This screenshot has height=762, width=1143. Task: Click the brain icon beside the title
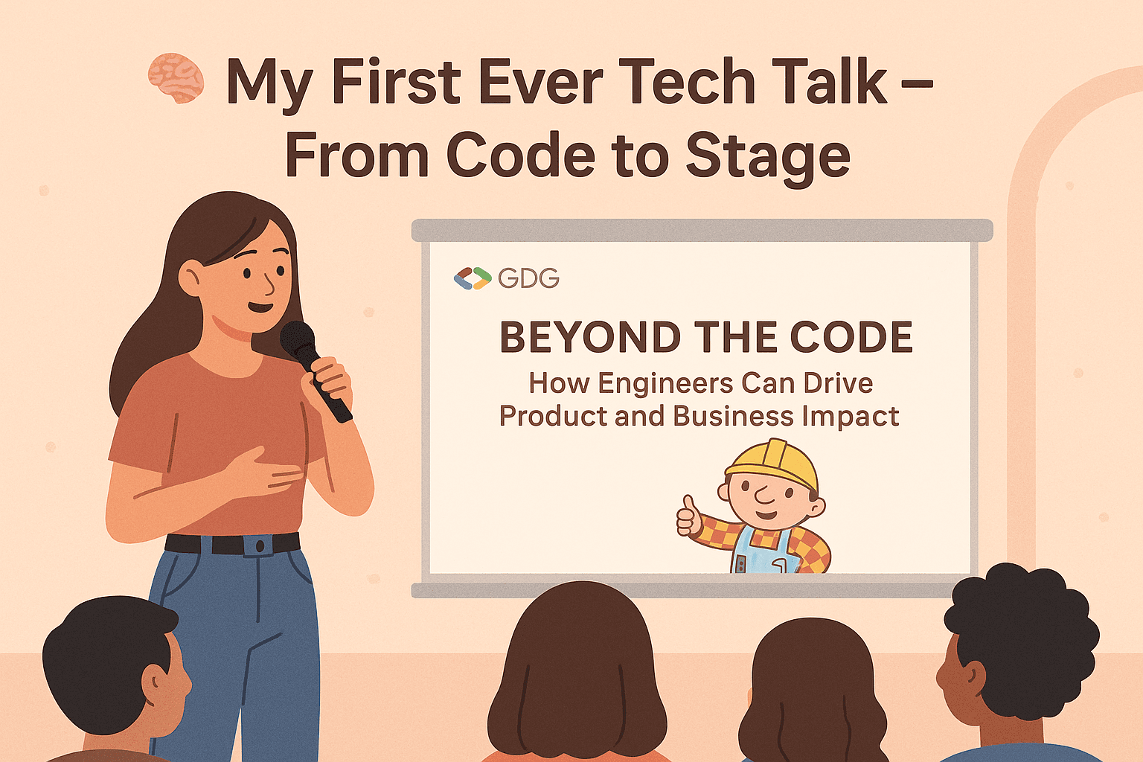tap(176, 77)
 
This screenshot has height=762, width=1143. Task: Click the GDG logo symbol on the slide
tap(473, 278)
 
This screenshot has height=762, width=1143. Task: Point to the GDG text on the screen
tap(528, 279)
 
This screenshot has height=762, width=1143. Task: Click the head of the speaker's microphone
tap(297, 339)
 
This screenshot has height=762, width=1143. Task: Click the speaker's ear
tap(189, 278)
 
